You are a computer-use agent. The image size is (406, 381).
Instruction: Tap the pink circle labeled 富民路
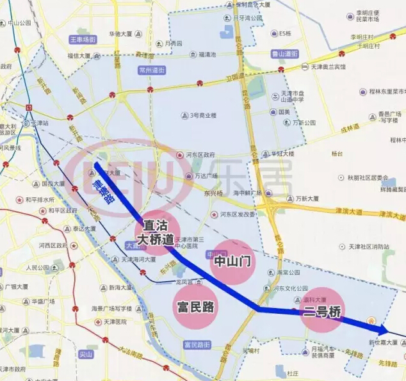point(195,307)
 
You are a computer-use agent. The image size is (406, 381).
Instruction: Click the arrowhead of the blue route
point(384,330)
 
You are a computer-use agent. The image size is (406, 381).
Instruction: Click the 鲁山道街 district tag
point(285,54)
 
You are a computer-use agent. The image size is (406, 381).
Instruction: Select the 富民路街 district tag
point(197,345)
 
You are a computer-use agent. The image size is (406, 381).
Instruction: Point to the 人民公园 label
point(38,267)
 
